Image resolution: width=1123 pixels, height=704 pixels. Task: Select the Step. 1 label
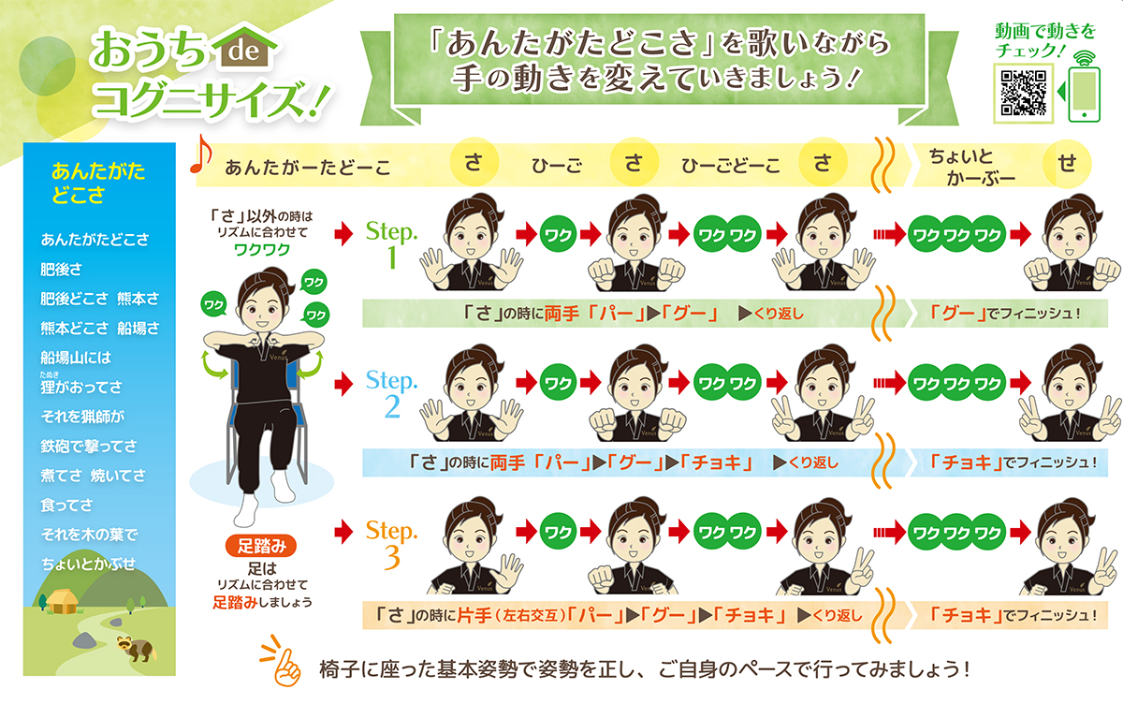(x=391, y=244)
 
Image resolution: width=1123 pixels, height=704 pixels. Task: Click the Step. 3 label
(x=391, y=543)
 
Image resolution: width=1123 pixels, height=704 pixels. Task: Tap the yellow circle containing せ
(x=1068, y=163)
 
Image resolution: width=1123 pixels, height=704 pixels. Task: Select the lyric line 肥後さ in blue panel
(x=62, y=269)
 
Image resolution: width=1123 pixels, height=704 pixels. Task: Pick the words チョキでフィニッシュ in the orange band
(x=1006, y=615)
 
